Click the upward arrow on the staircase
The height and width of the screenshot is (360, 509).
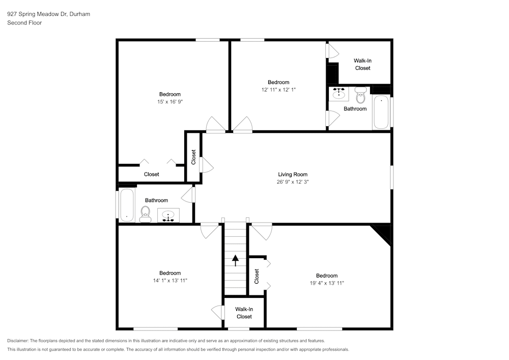[235, 260]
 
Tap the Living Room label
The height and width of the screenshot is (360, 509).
[293, 174]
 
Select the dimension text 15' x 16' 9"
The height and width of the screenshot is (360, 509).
[170, 102]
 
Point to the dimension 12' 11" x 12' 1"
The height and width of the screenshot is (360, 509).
[278, 90]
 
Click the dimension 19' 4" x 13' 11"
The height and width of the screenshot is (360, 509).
[327, 283]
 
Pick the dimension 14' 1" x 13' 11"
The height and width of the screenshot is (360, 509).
[170, 281]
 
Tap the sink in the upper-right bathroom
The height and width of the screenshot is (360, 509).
[339, 94]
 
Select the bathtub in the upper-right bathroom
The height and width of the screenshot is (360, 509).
[381, 112]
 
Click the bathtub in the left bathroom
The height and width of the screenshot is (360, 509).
[127, 205]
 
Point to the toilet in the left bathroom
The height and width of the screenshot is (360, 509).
[146, 215]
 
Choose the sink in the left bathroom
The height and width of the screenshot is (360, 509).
[168, 215]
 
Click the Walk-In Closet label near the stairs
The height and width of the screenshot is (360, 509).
[244, 313]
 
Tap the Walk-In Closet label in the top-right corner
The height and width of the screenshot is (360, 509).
[362, 64]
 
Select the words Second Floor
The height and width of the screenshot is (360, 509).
[24, 23]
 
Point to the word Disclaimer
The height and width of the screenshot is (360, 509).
[17, 341]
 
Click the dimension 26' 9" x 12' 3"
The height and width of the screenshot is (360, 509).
[293, 182]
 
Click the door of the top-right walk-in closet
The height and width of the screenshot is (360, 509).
[332, 51]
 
